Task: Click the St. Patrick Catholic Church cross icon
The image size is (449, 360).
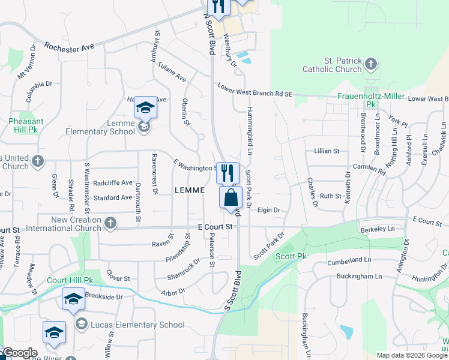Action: (372, 64)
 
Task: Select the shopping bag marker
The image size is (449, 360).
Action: (231, 197)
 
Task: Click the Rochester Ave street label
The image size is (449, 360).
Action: (70, 47)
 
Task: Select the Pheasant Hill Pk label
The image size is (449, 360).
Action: (26, 125)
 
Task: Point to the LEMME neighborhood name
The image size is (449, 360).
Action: (189, 190)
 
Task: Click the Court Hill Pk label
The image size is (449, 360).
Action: (71, 280)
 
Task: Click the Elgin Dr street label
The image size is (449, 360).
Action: (269, 210)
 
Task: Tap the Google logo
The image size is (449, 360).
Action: (19, 352)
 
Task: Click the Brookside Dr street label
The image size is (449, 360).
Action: (103, 296)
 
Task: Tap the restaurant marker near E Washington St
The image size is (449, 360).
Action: (228, 173)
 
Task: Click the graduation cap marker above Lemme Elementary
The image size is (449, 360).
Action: (145, 108)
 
